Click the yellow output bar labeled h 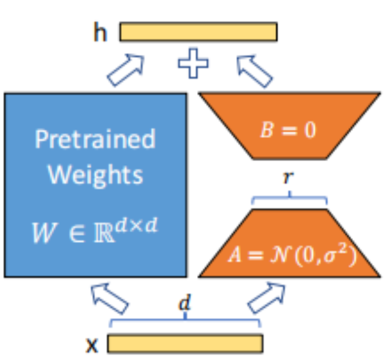[x=198, y=31]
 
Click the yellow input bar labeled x [x=185, y=343]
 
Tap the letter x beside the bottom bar [x=92, y=344]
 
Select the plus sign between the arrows [x=194, y=63]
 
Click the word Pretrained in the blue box [x=95, y=139]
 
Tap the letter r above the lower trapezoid [x=290, y=178]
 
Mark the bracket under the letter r [x=290, y=197]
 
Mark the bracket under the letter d [x=185, y=320]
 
